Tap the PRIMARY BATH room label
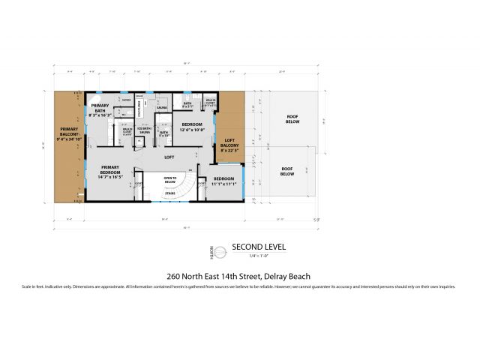[x=100, y=110]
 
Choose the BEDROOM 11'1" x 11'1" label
[x=223, y=181]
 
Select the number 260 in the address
[x=175, y=275]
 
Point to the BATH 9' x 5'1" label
[x=187, y=105]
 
